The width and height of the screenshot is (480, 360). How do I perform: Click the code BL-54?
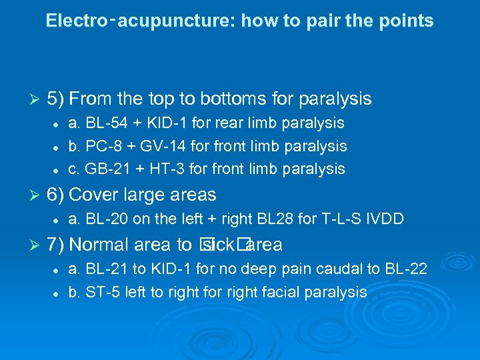100,123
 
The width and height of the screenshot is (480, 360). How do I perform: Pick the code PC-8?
100,146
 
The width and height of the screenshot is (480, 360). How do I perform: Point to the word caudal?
341,269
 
